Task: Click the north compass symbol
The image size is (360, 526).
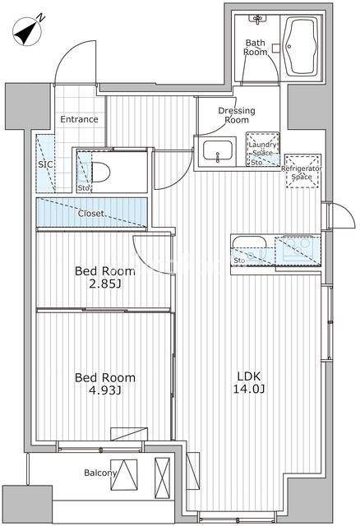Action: (28, 31)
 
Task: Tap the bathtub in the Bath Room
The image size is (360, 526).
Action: (300, 47)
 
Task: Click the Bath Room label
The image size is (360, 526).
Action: (256, 48)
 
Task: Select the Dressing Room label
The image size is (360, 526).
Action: (237, 115)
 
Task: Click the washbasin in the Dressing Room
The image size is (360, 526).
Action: (218, 151)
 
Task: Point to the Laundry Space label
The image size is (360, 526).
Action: (262, 149)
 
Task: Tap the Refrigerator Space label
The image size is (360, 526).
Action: (302, 173)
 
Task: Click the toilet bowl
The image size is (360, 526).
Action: (100, 173)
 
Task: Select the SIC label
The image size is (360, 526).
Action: (45, 164)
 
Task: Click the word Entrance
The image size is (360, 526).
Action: (79, 119)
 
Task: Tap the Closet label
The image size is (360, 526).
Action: (91, 214)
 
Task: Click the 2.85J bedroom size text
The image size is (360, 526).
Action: (105, 284)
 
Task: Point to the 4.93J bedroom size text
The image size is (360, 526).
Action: (105, 390)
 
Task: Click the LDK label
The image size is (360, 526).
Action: (249, 376)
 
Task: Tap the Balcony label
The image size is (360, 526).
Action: (100, 473)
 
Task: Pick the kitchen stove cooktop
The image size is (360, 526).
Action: (298, 251)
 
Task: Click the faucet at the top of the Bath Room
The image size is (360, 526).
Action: (257, 20)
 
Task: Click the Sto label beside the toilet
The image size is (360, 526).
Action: (84, 188)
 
